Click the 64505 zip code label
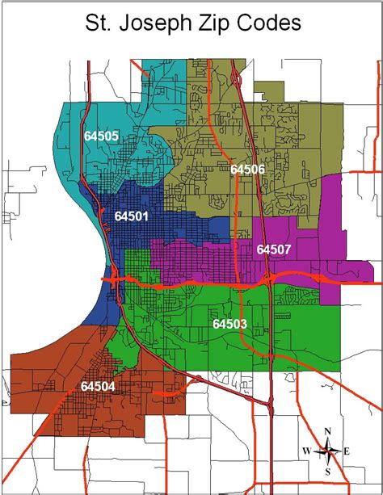click(x=101, y=136)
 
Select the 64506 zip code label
click(x=247, y=169)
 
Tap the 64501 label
click(x=133, y=216)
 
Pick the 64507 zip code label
click(x=273, y=250)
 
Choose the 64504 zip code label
click(x=98, y=386)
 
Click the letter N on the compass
click(x=327, y=431)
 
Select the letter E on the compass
click(x=347, y=451)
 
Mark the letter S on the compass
click(x=327, y=471)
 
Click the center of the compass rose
click(x=327, y=451)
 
